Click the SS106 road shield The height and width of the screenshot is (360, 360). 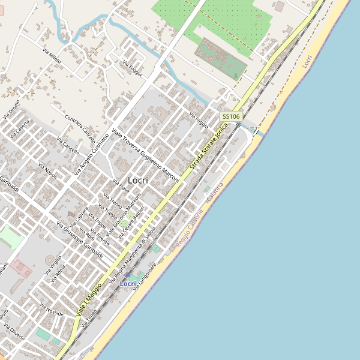pos(231,116)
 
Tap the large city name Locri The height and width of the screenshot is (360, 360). pos(138,180)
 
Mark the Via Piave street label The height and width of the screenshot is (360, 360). pos(121,185)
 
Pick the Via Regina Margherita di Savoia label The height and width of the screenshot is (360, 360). pos(139,246)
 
